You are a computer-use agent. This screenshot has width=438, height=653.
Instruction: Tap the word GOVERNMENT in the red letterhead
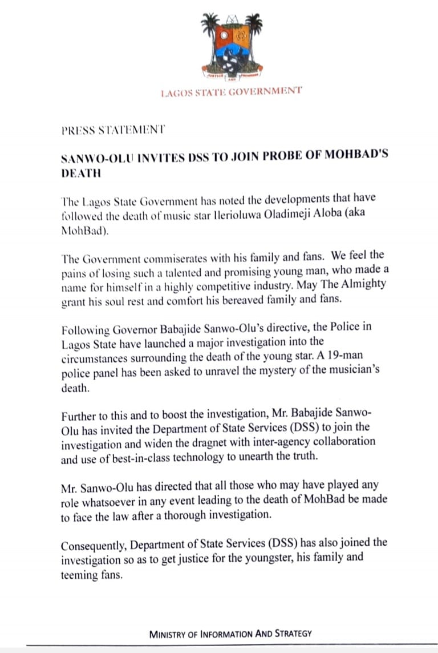tap(268, 91)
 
